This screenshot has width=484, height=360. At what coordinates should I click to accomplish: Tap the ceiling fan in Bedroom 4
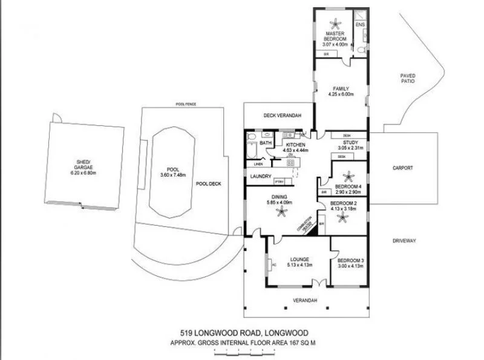click(x=348, y=177)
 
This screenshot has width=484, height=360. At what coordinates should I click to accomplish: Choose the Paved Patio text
click(x=407, y=78)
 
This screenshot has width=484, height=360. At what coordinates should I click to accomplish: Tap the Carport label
click(x=402, y=168)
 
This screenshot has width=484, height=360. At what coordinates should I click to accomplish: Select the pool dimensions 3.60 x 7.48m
click(x=172, y=175)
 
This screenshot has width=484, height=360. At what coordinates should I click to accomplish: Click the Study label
click(x=352, y=143)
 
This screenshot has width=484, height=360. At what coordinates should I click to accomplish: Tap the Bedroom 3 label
click(x=351, y=260)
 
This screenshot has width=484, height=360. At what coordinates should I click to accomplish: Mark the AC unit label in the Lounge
click(x=274, y=264)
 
